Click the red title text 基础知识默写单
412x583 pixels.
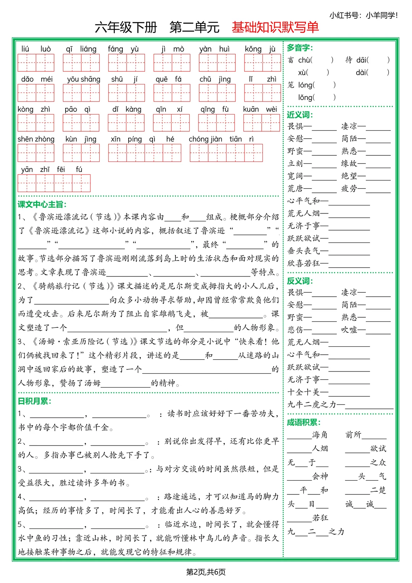click(275, 27)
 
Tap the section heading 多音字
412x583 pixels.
click(299, 48)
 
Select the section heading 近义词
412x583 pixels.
click(299, 115)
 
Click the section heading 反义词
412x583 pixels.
click(299, 281)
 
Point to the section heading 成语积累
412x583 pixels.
click(304, 422)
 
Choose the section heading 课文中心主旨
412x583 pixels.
click(42, 204)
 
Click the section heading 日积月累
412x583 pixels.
click(34, 401)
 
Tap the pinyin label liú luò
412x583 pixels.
click(36, 49)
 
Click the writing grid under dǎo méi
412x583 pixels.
click(36, 93)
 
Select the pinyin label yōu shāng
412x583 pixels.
click(84, 79)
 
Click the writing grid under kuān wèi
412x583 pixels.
click(261, 123)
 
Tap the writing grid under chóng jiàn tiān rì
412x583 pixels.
click(226, 153)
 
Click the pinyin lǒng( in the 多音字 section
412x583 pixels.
click(306, 97)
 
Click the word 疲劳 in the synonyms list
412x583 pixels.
click(349, 188)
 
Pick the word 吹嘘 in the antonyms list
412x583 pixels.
click(349, 329)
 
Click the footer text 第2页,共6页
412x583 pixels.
click(206, 572)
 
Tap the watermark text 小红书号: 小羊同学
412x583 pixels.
click(363, 15)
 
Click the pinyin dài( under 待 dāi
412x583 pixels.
click(362, 72)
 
